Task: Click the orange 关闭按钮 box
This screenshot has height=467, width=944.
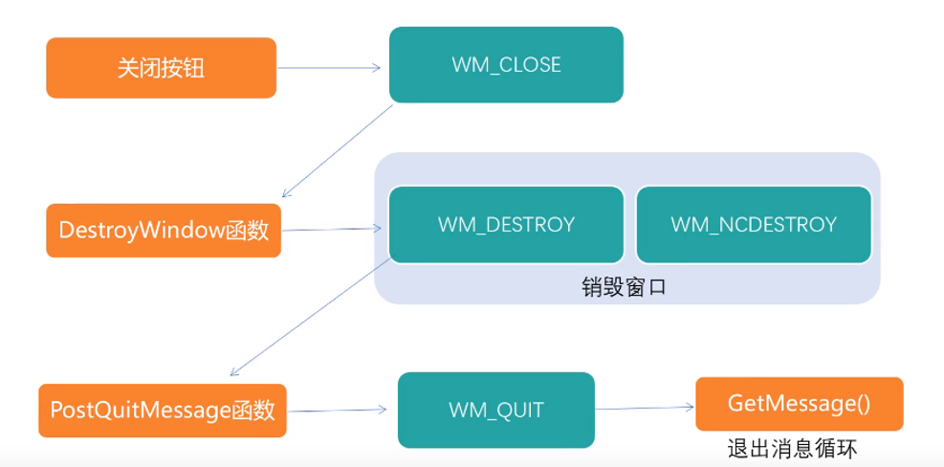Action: coord(161,68)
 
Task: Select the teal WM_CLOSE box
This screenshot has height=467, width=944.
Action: coord(506,65)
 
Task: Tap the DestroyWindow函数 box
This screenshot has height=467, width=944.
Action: coord(164,231)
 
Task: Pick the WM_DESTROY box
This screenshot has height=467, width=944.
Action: coord(506,225)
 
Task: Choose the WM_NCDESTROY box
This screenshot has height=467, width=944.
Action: coord(754,225)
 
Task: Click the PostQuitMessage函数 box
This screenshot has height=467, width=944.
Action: coord(163,411)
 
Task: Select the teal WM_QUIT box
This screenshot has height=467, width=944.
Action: coord(495,411)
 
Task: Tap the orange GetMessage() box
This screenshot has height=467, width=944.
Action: coord(799,404)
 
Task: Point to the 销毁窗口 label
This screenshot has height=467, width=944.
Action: coord(623,286)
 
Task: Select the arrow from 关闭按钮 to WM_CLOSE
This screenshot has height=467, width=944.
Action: coord(330,68)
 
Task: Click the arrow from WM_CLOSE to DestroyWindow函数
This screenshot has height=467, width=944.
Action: coord(338,149)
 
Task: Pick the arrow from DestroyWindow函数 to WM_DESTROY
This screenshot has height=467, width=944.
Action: coord(332,229)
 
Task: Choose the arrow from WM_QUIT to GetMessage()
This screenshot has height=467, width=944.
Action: coord(645,407)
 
